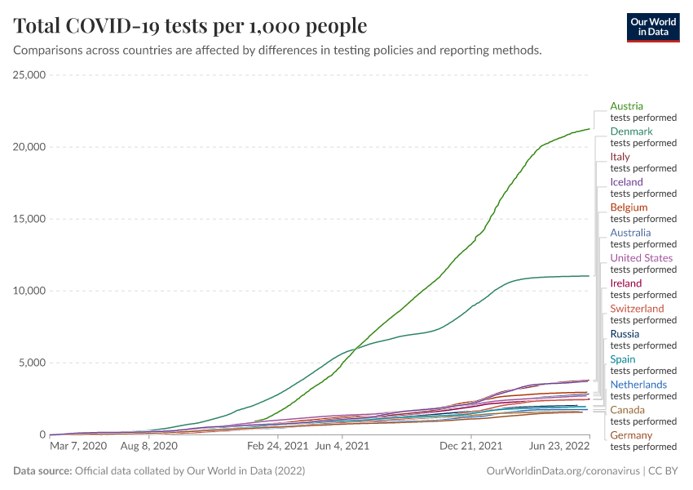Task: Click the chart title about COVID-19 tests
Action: pos(190,26)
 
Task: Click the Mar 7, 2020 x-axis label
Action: pos(78,447)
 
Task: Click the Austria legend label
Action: pos(626,106)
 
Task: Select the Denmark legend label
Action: pos(631,131)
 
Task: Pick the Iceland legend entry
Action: pos(626,182)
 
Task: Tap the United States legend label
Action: pos(642,258)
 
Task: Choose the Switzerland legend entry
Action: pos(637,309)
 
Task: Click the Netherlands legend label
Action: pos(638,385)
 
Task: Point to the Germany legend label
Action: pos(631,435)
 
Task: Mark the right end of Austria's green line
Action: pos(589,129)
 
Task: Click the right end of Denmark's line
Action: pos(589,276)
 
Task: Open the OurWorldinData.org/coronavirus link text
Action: pos(563,471)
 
